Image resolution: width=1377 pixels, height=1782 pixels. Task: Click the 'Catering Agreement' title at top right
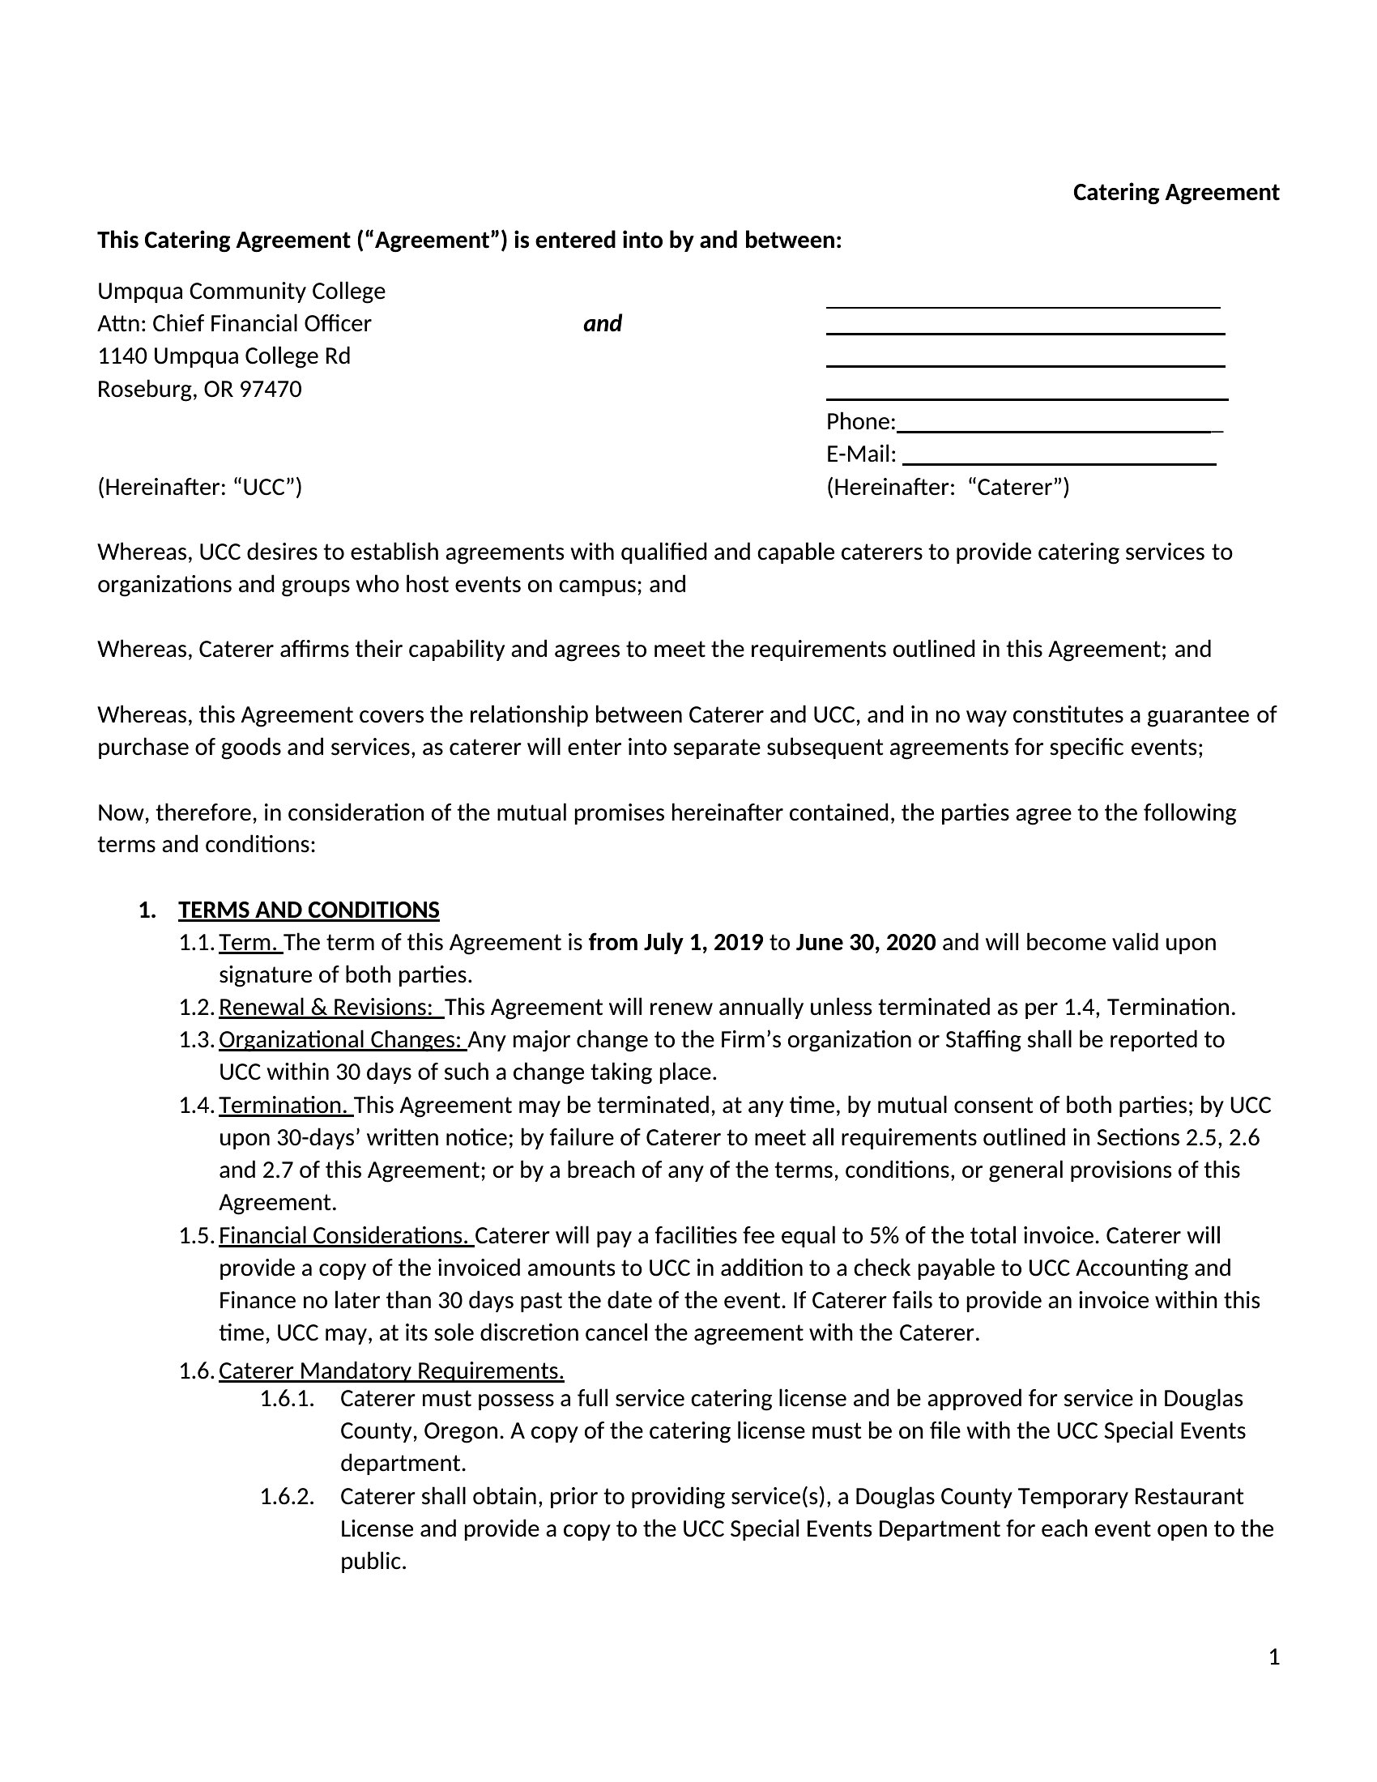pyautogui.click(x=1174, y=193)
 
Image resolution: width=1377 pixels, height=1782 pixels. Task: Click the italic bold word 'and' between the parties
pyautogui.click(x=602, y=324)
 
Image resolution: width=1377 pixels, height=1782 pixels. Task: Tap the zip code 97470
pyautogui.click(x=270, y=389)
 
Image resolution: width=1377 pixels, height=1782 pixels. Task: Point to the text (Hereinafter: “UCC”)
pyautogui.click(x=200, y=487)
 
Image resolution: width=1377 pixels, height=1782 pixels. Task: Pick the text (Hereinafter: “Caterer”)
pyautogui.click(x=947, y=487)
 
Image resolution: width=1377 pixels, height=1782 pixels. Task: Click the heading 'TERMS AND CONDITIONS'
pyautogui.click(x=309, y=910)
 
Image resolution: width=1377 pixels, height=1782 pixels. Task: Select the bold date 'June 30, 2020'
pyautogui.click(x=866, y=942)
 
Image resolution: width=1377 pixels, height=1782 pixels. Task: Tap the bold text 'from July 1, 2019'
pyautogui.click(x=676, y=942)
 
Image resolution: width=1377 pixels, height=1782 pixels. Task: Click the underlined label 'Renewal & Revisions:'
pyautogui.click(x=326, y=1008)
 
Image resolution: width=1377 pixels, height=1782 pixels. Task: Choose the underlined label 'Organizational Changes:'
pyautogui.click(x=341, y=1040)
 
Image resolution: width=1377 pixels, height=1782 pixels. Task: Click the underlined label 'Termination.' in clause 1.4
pyautogui.click(x=284, y=1106)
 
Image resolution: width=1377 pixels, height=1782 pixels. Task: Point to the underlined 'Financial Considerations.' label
pyautogui.click(x=345, y=1236)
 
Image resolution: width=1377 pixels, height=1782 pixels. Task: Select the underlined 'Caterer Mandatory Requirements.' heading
pyautogui.click(x=390, y=1371)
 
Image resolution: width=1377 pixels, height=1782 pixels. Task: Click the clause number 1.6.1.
pyautogui.click(x=288, y=1399)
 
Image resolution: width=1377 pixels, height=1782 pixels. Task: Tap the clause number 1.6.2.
pyautogui.click(x=288, y=1496)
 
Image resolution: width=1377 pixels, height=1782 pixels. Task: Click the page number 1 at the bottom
pyautogui.click(x=1274, y=1657)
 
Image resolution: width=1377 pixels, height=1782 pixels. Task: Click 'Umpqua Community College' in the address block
pyautogui.click(x=241, y=292)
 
